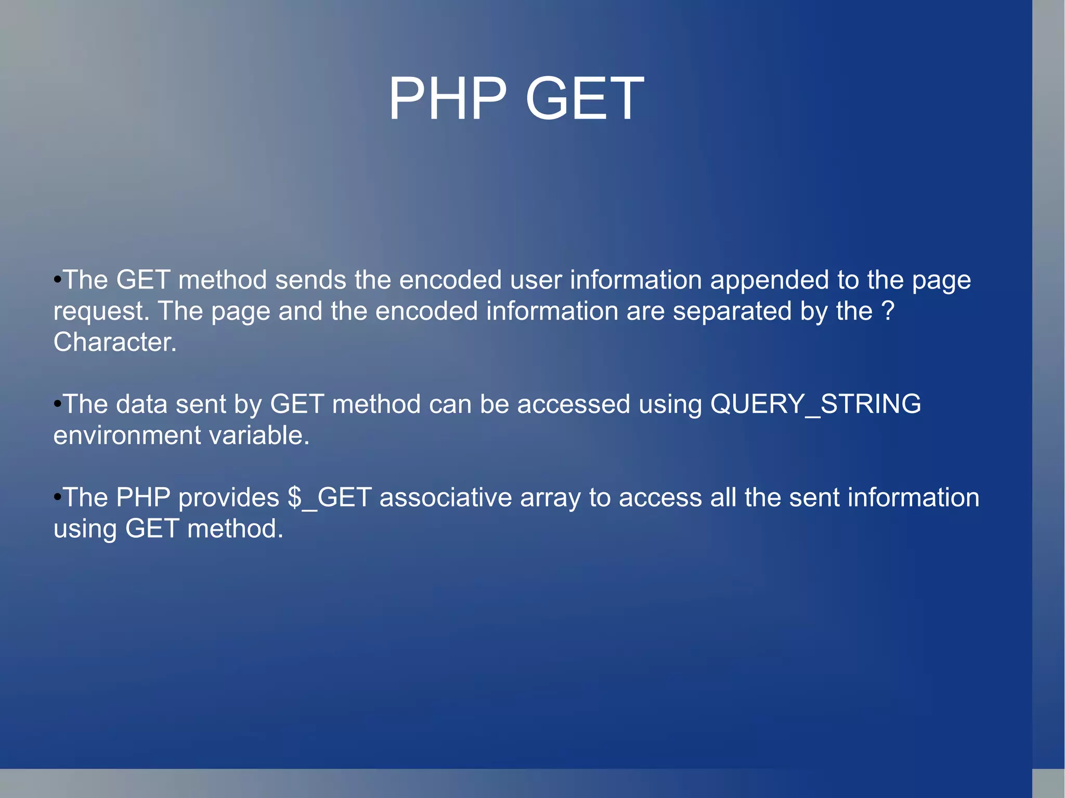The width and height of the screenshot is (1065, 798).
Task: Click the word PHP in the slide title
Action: [x=447, y=99]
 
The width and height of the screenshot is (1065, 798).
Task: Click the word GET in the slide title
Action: [x=585, y=99]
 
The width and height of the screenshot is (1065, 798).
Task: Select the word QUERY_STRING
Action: [x=815, y=404]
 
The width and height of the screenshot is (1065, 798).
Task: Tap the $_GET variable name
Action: [x=330, y=498]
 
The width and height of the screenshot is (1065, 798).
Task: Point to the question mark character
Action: [x=888, y=311]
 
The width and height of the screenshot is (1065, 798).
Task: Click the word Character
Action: [x=115, y=342]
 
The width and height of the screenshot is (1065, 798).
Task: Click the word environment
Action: [x=127, y=436]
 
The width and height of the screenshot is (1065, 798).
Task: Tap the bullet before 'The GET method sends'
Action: [x=57, y=281]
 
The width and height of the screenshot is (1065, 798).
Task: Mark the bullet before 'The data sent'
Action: [x=57, y=404]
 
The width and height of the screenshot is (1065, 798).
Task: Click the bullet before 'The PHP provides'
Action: [x=57, y=498]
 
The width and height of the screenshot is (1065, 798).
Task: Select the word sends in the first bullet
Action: [x=310, y=281]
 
